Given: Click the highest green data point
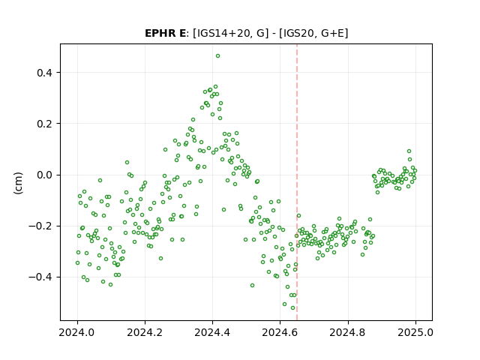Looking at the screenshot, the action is tap(217, 56).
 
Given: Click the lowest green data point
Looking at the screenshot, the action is tap(292, 308).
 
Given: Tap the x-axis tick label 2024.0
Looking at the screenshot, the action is tap(77, 332).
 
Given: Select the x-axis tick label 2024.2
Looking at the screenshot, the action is tap(145, 332).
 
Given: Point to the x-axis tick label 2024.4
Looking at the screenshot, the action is tap(212, 332).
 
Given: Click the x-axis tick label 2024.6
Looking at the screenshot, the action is tap(280, 332).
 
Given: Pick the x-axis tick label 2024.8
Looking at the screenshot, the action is tap(347, 332).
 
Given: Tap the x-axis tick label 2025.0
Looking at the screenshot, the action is tap(415, 332).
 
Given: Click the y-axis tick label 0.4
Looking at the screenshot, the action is tap(44, 73).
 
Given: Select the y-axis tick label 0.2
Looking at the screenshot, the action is tap(44, 124).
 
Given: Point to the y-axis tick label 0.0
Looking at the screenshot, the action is tap(44, 175).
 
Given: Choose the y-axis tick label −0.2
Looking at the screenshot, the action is tap(40, 226).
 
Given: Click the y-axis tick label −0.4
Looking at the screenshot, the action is tap(40, 277).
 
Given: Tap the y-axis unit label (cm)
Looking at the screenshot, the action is tap(18, 183).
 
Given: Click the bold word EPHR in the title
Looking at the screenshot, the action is tap(160, 33).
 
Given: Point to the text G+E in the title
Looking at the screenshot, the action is tap(333, 33).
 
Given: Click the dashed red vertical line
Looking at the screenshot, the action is tap(297, 182).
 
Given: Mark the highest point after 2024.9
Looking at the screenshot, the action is tap(409, 151).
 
